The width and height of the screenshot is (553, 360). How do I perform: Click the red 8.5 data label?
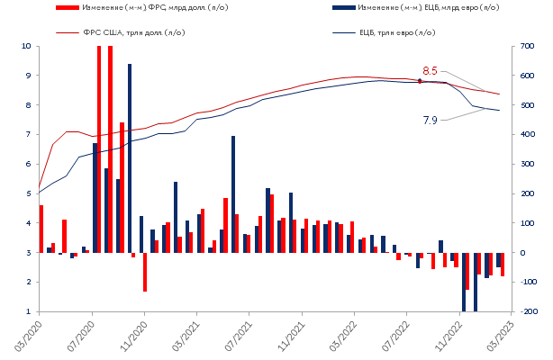tap(430, 70)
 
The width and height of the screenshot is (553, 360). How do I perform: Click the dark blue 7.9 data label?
tap(430, 120)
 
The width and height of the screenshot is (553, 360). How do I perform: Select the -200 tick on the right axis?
tap(530, 311)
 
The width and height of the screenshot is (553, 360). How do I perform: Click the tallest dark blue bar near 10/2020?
tap(130, 157)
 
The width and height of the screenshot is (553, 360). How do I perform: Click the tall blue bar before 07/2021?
tap(233, 193)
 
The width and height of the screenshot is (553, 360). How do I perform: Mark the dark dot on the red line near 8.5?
tap(420, 81)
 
